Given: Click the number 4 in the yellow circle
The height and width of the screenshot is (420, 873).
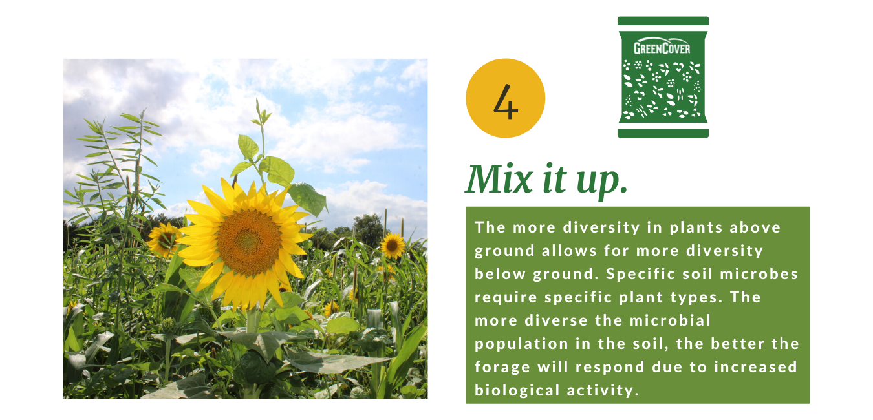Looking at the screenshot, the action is click(x=506, y=101).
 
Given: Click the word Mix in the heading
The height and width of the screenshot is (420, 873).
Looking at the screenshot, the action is click(x=499, y=179).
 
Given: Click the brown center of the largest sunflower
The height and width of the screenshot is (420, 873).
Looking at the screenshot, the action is click(x=249, y=242).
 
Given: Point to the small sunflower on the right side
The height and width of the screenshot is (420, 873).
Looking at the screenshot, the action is click(x=393, y=246).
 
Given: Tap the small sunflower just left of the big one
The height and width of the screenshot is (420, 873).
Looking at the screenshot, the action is click(x=164, y=239).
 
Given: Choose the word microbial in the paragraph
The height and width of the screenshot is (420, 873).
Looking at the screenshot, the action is click(x=670, y=320).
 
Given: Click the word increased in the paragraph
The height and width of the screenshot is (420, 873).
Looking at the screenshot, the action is click(x=755, y=367).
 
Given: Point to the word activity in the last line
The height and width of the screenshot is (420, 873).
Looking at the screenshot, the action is click(x=603, y=391).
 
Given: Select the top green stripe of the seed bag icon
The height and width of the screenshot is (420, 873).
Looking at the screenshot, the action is click(x=663, y=21).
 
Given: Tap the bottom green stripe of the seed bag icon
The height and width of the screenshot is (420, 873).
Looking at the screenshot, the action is click(x=663, y=132).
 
